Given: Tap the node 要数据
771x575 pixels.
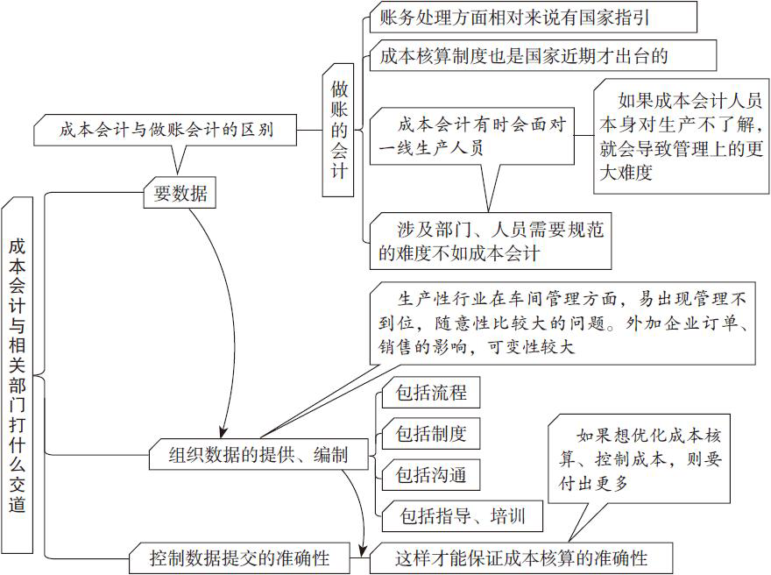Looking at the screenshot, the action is coord(180,194).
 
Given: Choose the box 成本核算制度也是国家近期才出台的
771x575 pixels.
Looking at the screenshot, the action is coord(542,56).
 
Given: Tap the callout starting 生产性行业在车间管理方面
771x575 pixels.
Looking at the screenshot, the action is coord(561,322).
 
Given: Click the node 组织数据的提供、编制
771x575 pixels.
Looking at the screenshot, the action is coord(258,454).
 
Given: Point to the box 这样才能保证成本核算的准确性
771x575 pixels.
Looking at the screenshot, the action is coord(521,557).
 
